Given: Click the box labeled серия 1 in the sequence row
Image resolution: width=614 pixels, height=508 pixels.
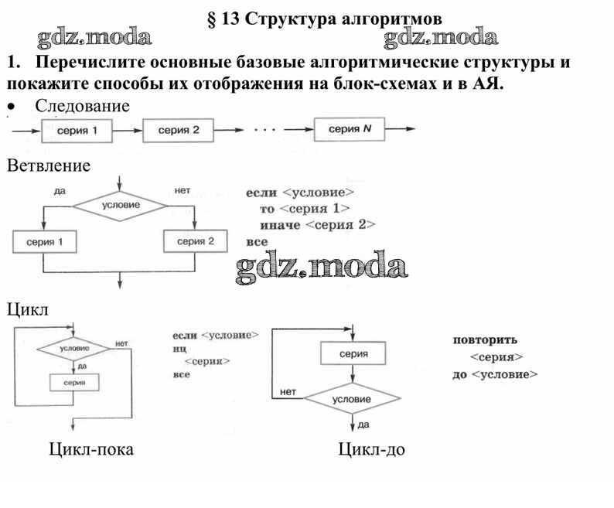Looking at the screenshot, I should tap(77, 130).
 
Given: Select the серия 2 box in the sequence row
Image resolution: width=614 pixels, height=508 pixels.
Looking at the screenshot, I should tap(179, 130).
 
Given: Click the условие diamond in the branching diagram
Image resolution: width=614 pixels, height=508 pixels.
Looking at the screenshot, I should tap(121, 205).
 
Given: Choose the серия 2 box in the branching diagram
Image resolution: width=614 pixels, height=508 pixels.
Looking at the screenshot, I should tap(196, 242).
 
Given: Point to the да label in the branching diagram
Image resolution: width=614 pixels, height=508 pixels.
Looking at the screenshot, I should tap(60, 190).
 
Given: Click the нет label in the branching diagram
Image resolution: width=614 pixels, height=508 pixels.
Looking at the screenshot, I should tap(182, 190).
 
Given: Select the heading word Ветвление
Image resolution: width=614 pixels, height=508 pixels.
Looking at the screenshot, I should tap(49, 165).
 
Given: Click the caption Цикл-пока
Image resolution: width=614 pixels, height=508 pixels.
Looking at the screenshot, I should tap(90, 449).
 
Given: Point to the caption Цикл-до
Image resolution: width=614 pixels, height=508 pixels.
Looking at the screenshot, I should tap(371, 449).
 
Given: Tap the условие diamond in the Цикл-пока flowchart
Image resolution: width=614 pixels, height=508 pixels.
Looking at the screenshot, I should tap(74, 349).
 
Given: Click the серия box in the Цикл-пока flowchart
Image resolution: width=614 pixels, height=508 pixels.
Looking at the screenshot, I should tap(75, 382).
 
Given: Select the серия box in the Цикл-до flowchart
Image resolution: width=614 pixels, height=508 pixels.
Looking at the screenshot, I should tap(353, 353).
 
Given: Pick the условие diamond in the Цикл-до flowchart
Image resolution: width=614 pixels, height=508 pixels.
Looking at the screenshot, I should tap(352, 399).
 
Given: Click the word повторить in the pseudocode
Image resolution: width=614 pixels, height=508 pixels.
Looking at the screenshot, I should tap(485, 339).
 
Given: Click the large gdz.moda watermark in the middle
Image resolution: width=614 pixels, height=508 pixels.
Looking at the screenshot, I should tap(320, 267).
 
